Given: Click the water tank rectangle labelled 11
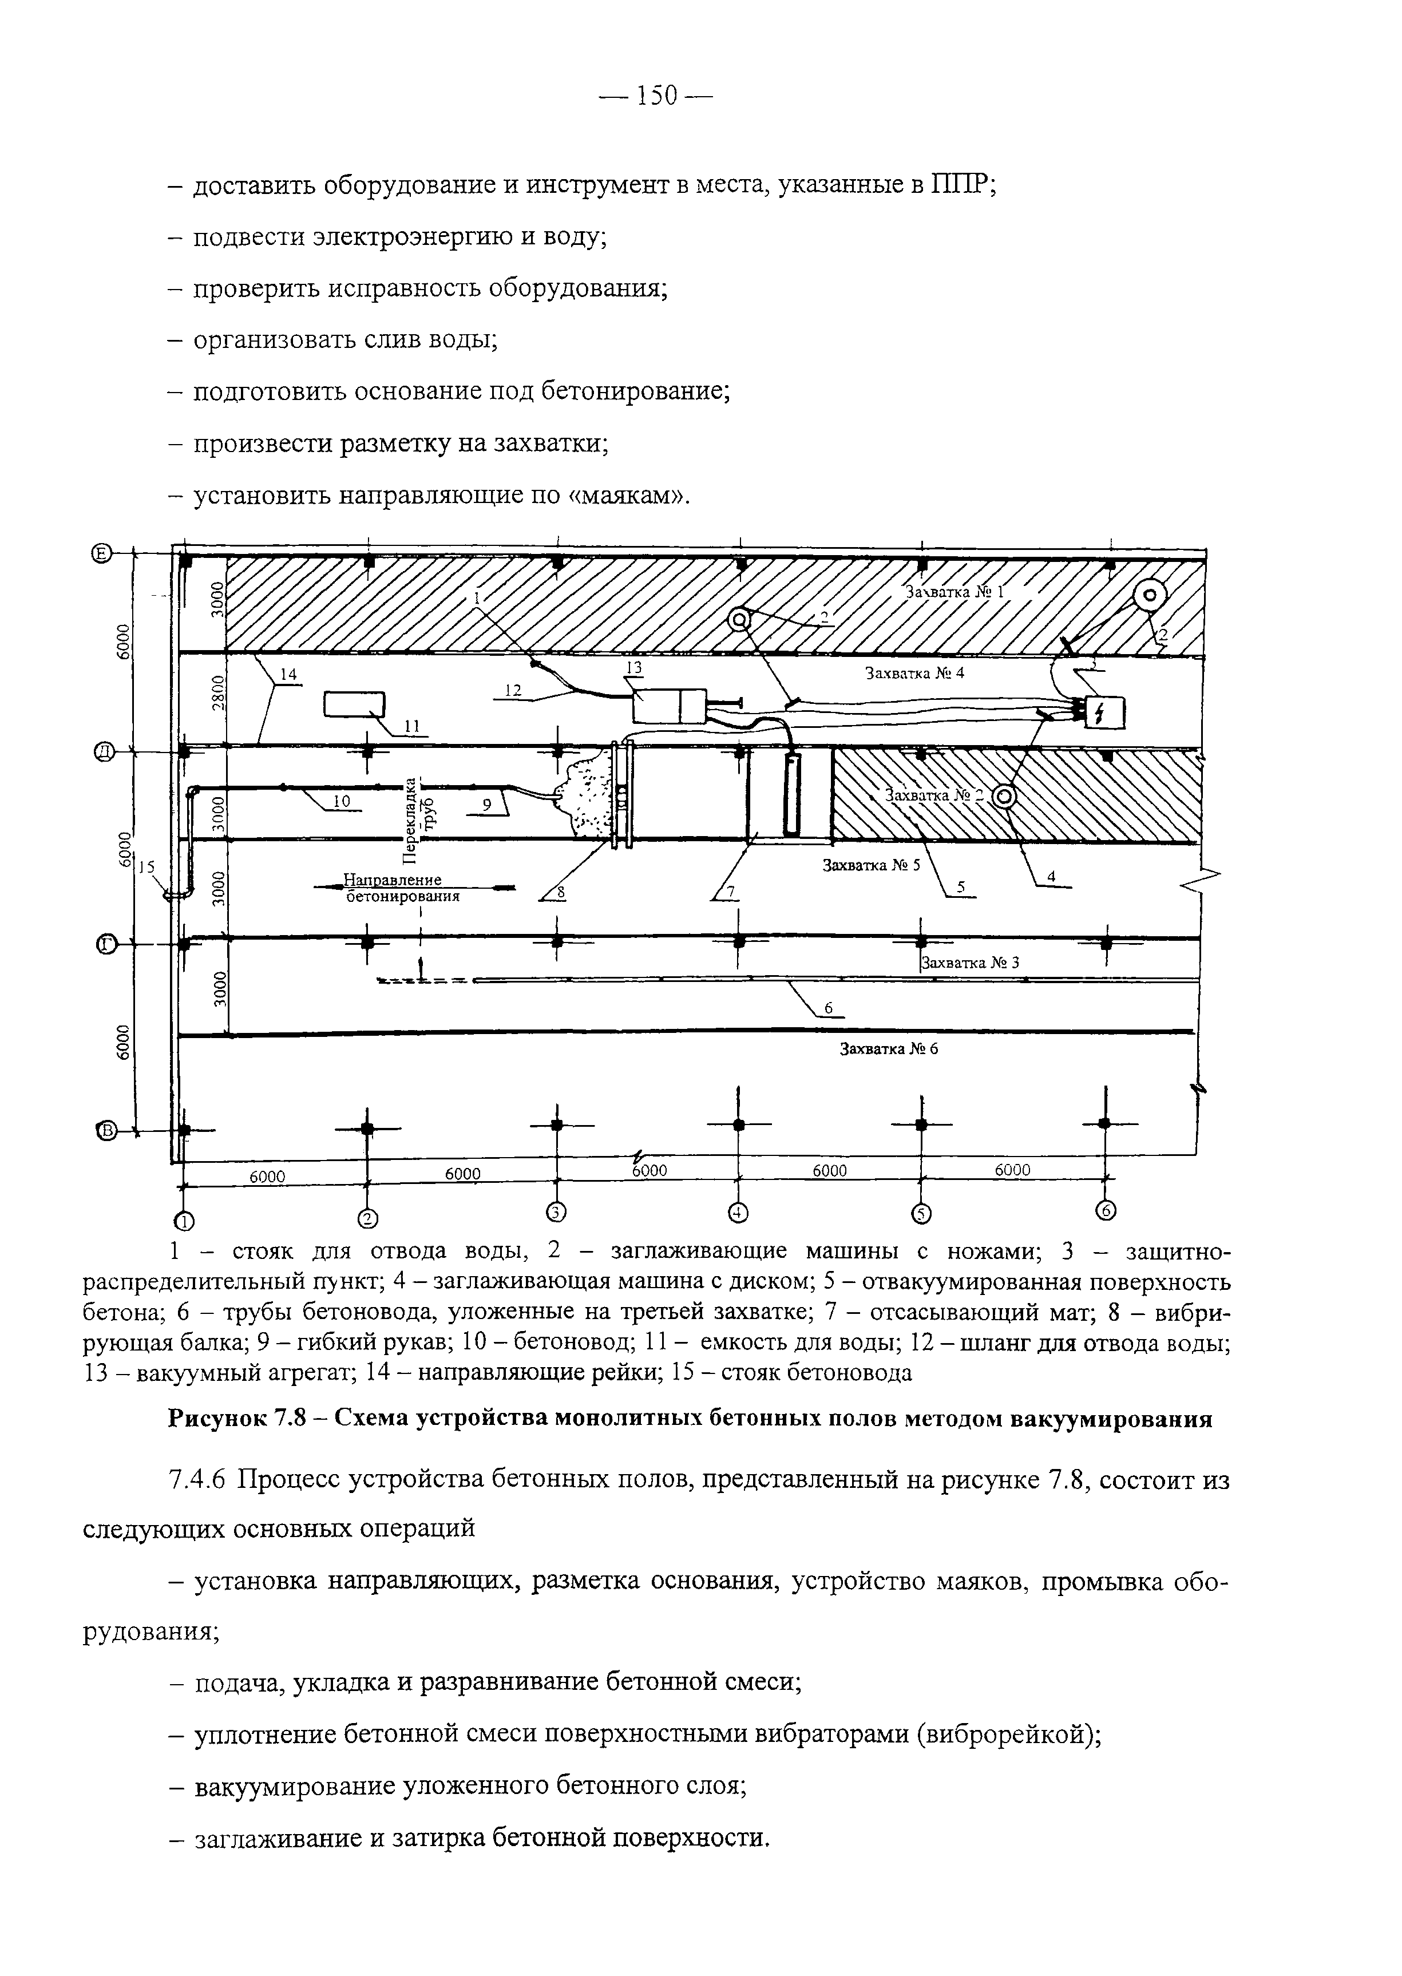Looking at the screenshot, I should [x=354, y=705].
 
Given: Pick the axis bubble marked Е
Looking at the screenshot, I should [x=102, y=554].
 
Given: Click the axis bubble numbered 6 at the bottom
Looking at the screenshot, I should [x=1106, y=1213].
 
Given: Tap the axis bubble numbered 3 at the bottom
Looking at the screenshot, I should [x=556, y=1213].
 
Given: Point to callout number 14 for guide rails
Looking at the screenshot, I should [x=287, y=677].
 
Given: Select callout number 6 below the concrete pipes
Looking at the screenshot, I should [x=828, y=1007].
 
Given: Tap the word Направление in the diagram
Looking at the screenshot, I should [x=393, y=880].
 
